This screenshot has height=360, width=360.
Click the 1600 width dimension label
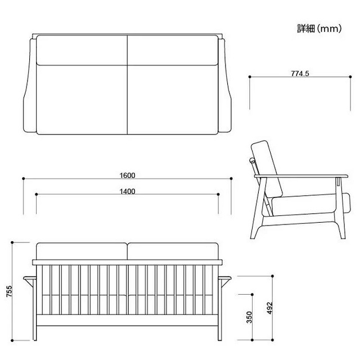tap(127, 174)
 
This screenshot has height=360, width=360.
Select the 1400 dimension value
tap(127, 191)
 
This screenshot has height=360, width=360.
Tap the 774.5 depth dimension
tap(300, 73)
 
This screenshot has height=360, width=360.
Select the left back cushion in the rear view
tap(80, 251)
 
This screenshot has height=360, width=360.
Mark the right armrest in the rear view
tap(224, 279)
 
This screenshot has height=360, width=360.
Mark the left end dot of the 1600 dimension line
tap(23, 179)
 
